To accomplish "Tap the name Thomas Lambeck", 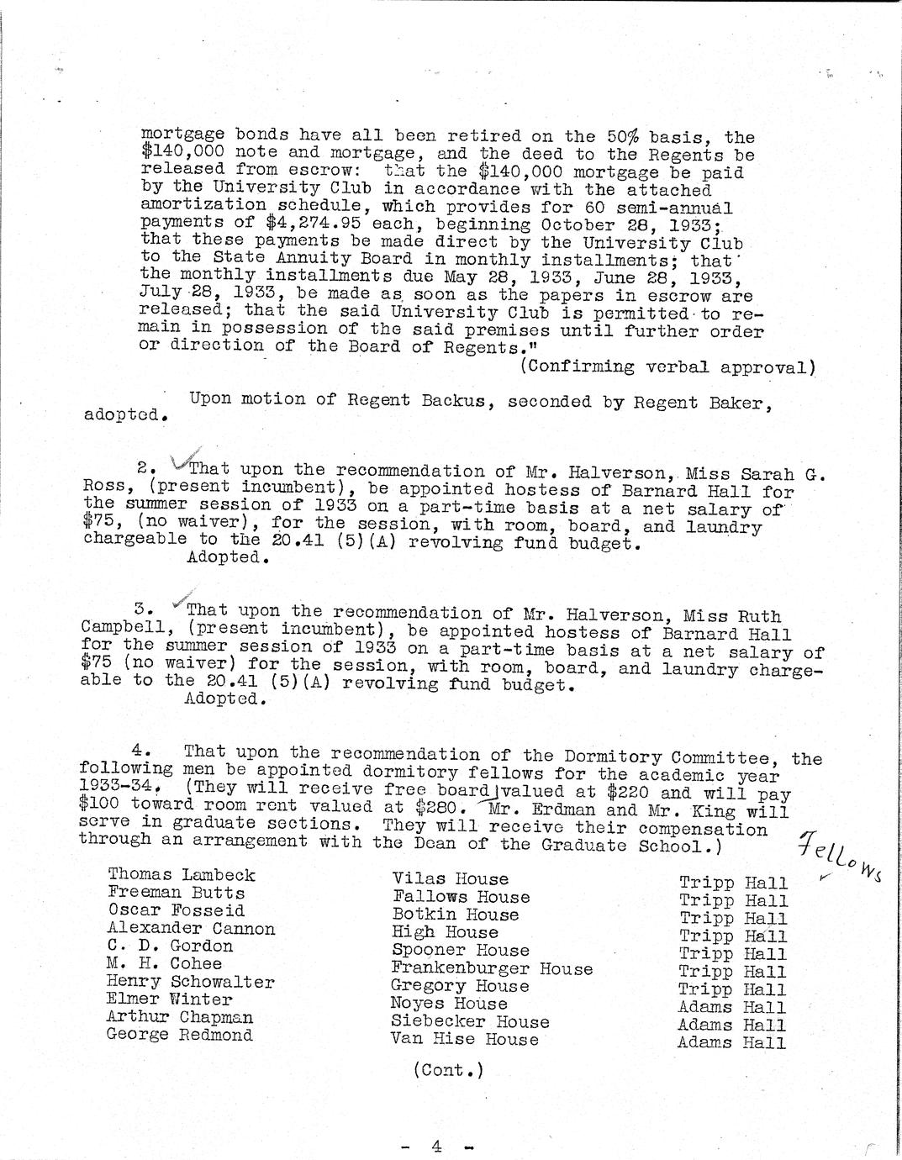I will point(181,875).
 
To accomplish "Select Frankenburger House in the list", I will point(492,968).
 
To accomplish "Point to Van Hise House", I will point(465,1040).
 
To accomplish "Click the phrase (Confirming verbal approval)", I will point(668,366).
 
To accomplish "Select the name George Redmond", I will point(179,1035).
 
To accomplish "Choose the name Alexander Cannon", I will point(191,929).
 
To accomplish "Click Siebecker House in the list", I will point(470,1022).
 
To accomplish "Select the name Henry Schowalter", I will point(190,982).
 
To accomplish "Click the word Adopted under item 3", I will point(220,700).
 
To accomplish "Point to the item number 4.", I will point(140,749).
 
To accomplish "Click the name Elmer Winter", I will point(169,999).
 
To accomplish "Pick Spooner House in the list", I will point(461,951).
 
